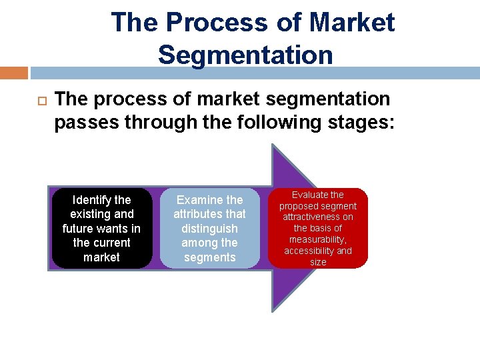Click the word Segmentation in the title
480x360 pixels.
tap(245, 55)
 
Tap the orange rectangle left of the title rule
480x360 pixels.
tap(13, 73)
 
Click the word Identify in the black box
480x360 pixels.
tap(92, 200)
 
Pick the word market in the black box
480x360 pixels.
tap(101, 257)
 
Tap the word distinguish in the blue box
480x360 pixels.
tap(209, 229)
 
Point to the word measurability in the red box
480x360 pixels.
tap(317, 239)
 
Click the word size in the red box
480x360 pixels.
tap(318, 262)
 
